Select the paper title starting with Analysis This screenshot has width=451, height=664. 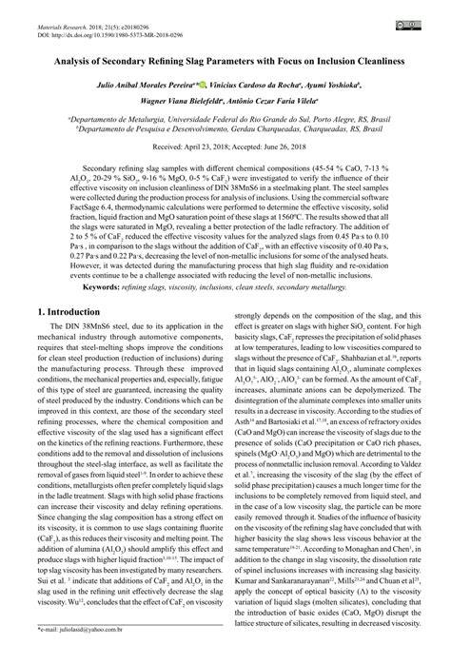point(225,60)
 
